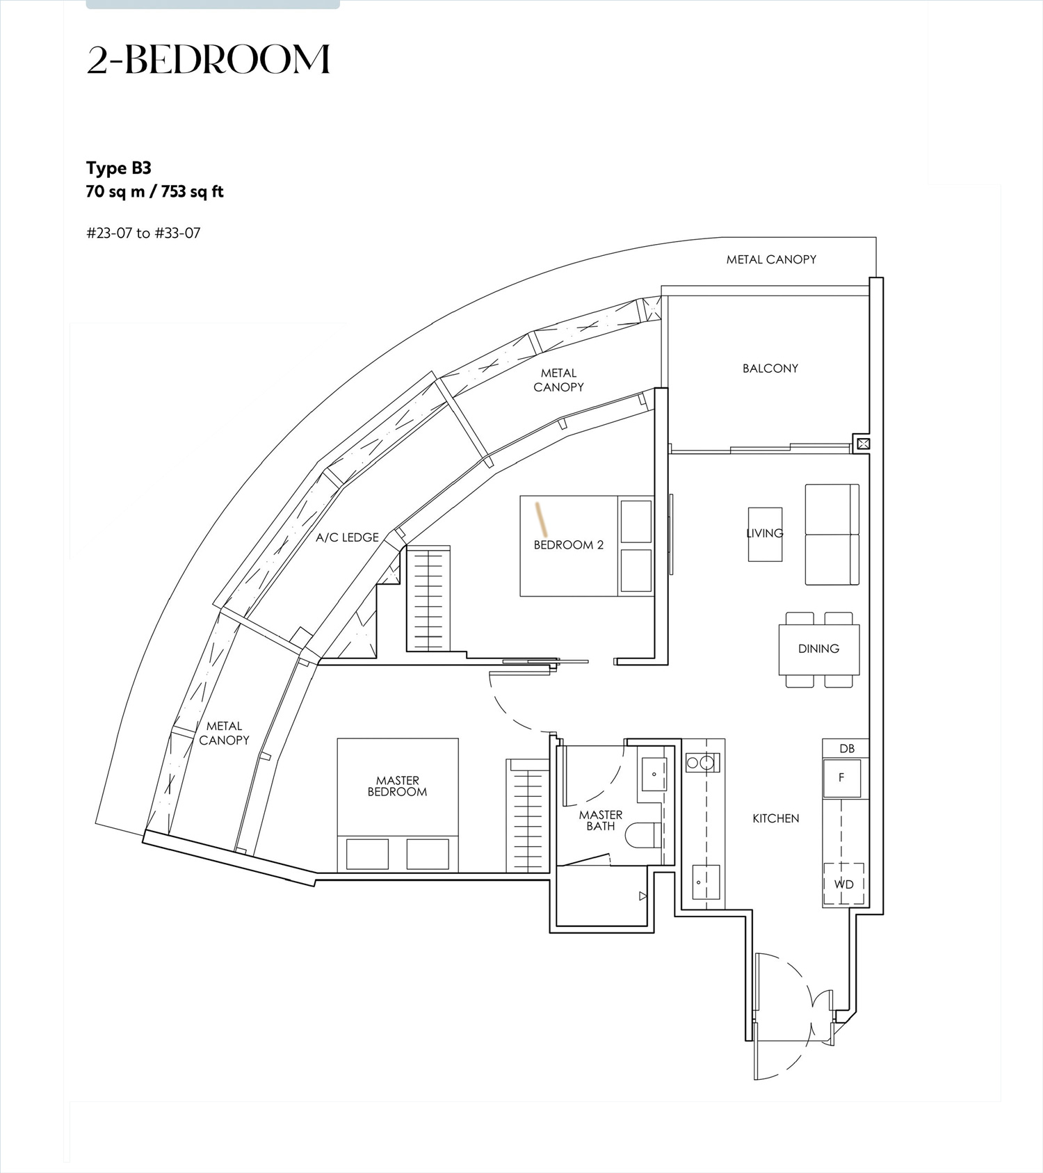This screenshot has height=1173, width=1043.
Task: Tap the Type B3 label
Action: [x=119, y=168]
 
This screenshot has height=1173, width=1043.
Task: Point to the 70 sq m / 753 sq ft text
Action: [x=154, y=192]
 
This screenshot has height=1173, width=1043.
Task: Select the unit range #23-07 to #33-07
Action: [x=143, y=233]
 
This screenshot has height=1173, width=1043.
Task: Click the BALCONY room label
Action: [x=770, y=369]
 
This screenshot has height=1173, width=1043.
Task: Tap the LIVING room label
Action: [x=765, y=533]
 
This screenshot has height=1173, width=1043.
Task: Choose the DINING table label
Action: [x=818, y=649]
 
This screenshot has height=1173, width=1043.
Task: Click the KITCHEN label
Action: [x=776, y=818]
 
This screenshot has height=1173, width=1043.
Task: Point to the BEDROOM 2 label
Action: [x=569, y=545]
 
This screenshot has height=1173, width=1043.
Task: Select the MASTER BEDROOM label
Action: [x=397, y=786]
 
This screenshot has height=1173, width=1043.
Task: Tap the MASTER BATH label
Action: [x=601, y=820]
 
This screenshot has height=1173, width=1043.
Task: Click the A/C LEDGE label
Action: [x=347, y=537]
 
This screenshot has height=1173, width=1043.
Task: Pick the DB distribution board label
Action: [x=847, y=749]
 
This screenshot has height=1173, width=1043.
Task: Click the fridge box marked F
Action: [x=842, y=778]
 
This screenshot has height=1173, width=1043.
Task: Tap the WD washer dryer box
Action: [x=843, y=884]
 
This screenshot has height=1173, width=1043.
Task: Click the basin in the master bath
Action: [x=654, y=774]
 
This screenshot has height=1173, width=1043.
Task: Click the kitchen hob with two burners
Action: [x=702, y=763]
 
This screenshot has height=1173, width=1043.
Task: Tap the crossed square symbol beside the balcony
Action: [x=863, y=443]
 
